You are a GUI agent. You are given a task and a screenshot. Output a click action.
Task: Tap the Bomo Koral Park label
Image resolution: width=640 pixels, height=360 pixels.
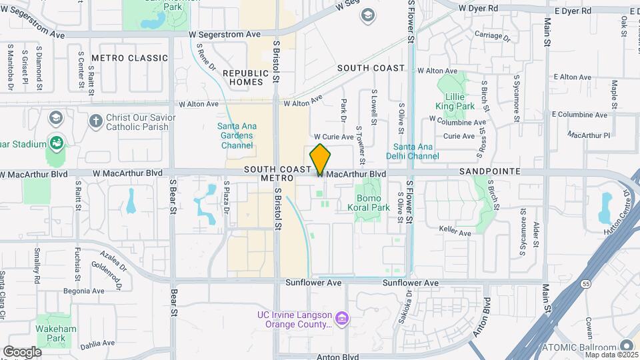point(369,203)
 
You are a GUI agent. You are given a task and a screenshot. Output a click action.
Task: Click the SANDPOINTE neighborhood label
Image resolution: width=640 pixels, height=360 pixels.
point(484,171)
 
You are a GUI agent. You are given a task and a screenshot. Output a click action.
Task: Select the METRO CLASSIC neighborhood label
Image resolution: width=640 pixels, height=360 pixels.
point(129,58)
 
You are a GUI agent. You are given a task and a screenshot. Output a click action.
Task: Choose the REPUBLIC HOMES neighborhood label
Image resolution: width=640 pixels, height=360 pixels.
point(245,77)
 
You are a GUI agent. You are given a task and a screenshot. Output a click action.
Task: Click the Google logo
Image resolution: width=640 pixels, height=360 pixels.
point(22,352)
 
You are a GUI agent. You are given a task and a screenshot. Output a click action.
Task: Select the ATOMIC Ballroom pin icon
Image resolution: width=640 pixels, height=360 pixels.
point(627,345)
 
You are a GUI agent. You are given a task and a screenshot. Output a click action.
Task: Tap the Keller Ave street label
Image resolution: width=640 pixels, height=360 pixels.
point(455,233)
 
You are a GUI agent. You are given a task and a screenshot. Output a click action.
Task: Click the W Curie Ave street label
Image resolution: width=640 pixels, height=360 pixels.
point(333,137)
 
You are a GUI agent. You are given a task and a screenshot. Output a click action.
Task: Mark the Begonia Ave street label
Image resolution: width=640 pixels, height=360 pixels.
point(84,291)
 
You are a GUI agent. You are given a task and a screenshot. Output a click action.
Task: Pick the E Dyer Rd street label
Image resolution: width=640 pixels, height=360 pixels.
point(572,11)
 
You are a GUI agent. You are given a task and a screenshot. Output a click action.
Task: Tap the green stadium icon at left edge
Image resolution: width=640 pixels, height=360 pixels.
point(57,143)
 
